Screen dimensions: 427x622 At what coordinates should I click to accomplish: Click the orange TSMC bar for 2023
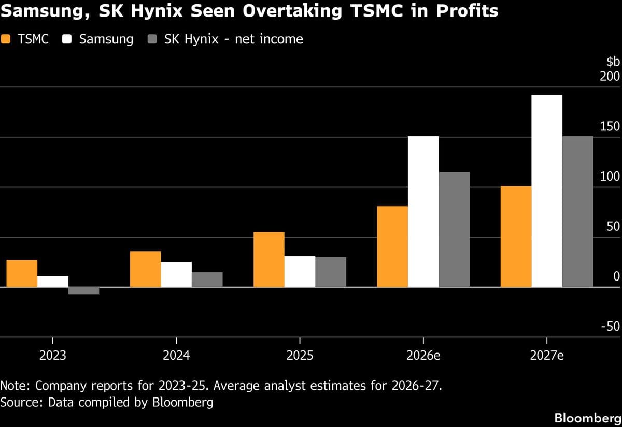[x=22, y=273]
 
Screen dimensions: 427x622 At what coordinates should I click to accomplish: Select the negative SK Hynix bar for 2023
[x=83, y=290]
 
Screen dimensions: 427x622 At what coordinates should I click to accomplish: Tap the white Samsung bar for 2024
[x=176, y=274]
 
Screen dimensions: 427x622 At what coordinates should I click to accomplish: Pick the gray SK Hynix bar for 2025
[x=331, y=272]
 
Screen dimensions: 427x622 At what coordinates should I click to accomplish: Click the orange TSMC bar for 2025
[x=268, y=259]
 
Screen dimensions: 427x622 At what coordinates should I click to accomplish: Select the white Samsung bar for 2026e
[x=423, y=211]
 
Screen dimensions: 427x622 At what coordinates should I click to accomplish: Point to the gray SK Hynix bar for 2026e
[x=454, y=229]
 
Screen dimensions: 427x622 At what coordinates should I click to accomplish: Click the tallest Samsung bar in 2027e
[x=547, y=191]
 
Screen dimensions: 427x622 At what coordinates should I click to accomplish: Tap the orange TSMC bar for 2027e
[x=516, y=237]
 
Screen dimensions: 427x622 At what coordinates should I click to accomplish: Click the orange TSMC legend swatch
[x=6, y=39]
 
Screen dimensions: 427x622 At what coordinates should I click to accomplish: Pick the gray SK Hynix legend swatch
[x=153, y=39]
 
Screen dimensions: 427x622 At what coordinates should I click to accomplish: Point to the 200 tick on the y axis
[x=610, y=77]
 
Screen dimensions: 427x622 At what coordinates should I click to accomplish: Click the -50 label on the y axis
[x=610, y=327]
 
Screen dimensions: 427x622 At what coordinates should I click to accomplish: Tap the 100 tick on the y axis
[x=610, y=176]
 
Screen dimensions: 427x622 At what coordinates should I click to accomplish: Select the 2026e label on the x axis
[x=423, y=356]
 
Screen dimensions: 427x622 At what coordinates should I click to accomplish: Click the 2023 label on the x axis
[x=52, y=356]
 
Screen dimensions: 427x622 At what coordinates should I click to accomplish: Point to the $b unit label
[x=613, y=62]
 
